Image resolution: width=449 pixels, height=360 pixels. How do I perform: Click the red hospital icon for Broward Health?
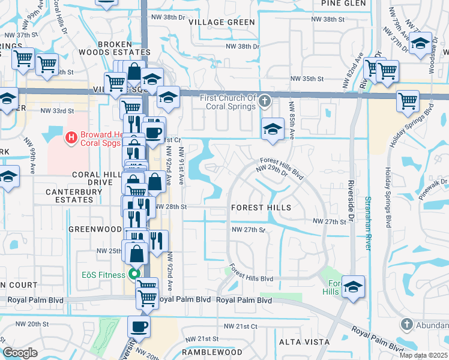point(72,138)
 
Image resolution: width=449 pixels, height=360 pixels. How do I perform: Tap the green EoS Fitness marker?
point(136,275)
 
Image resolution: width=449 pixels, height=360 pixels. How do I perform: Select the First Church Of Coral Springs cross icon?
point(265,103)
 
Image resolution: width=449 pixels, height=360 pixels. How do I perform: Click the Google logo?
point(20,353)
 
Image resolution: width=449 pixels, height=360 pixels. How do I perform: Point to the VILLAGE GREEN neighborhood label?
point(221,22)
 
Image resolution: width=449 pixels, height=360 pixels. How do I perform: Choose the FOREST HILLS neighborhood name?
point(261,208)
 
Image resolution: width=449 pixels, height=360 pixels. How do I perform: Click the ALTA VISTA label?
point(304,341)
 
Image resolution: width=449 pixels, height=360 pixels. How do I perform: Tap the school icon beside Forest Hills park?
point(354,287)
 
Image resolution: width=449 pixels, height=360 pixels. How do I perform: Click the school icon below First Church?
point(273,129)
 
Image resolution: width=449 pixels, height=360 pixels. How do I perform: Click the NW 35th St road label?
point(307,79)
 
